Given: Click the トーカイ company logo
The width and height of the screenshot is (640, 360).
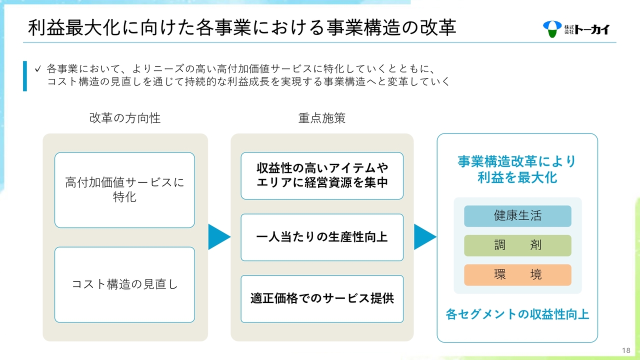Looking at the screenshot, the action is pos(576,29).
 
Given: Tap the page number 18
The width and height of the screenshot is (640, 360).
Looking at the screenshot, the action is pos(626,350).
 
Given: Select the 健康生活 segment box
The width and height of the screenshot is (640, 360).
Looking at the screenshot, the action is pos(517,216).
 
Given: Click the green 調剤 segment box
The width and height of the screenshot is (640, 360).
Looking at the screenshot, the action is pos(517,245).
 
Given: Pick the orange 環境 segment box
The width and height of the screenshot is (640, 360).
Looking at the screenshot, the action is pos(517,275).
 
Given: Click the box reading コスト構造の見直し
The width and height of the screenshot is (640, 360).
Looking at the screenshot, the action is pos(124,284).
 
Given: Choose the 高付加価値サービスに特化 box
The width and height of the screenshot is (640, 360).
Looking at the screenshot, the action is pos(124,190).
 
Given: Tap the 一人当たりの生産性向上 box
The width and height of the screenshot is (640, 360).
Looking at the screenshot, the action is pos(322,237).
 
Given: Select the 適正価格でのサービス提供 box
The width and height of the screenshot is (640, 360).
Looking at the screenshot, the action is pos(322,299).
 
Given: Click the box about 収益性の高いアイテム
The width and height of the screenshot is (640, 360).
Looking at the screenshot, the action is pos(322,175).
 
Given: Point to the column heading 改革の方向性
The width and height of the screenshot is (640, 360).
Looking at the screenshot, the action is pos(125,118).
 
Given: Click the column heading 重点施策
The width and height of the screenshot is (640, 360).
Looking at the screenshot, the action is pos(322,118).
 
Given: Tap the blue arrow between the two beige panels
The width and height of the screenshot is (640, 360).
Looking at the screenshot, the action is pos(219,237).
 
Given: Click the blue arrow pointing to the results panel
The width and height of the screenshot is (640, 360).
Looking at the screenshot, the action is pos(425,237).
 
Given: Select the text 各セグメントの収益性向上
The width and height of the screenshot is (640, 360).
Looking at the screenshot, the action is pos(517,314).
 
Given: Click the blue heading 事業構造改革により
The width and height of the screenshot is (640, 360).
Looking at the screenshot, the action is pos(517,161).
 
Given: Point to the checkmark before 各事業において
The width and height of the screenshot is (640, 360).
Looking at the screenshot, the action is pos(37,69).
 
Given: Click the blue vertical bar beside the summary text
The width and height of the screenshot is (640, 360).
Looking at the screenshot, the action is pos(25,76).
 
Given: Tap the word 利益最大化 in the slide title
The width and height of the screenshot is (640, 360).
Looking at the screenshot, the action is pos(73,27).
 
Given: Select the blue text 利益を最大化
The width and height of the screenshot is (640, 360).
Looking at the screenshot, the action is pos(517,177).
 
